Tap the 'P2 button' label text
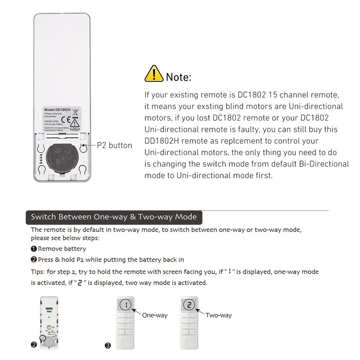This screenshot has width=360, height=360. pos(115,145)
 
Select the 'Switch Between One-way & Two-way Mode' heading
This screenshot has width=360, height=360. pos(113,217)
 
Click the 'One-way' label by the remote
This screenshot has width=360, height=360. pos(155,315)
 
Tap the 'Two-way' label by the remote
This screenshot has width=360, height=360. pos(219,315)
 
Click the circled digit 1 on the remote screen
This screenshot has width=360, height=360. pos(126,305)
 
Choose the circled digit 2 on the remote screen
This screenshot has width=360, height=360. pos(190,305)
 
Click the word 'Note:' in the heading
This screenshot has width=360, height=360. pos(179,77)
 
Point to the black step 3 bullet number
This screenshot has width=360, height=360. pos(108,346)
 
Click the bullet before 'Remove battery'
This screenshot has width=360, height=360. pos(34,249)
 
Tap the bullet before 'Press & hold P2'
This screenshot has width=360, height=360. pos(34,260)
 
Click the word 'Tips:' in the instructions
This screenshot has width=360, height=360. pos(40,272)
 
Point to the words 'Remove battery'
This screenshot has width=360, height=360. pos(62,249)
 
